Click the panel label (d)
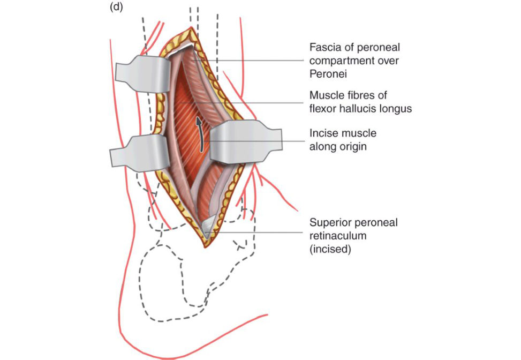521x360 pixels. click(116, 7)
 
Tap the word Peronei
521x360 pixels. click(328, 74)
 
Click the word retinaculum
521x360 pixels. click(338, 236)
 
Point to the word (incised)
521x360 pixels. click(330, 249)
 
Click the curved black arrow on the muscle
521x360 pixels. click(200, 134)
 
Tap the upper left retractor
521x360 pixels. click(143, 74)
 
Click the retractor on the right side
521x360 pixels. click(246, 142)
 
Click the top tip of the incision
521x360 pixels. click(191, 28)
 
